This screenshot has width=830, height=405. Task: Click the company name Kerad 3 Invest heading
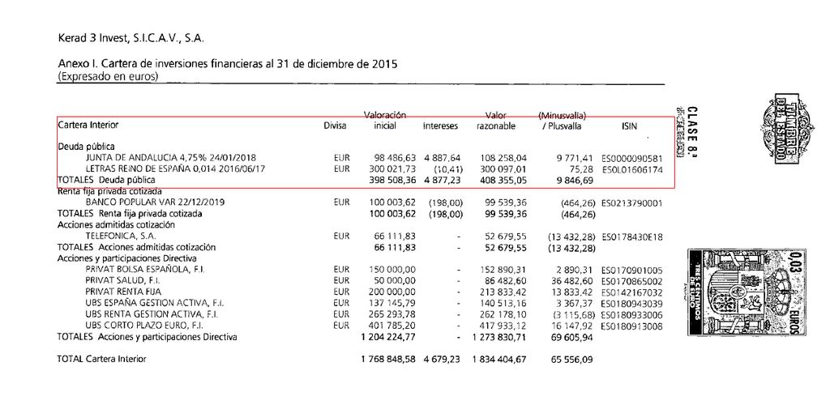[x=130, y=37]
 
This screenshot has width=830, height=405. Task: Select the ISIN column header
[x=628, y=126]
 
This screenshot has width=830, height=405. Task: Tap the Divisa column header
[x=335, y=126]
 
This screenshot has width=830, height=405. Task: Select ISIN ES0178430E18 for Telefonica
[x=633, y=236]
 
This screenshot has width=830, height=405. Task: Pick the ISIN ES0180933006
[x=633, y=313]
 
